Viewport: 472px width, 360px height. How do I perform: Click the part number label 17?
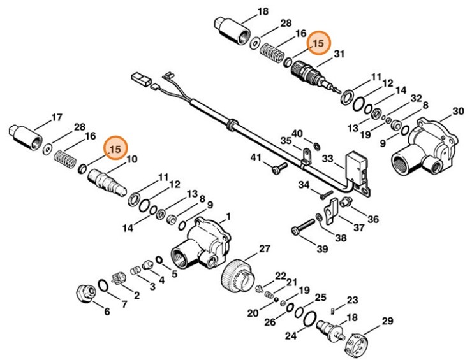tap(56, 117)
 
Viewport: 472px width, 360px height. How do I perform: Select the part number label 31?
tap(339, 55)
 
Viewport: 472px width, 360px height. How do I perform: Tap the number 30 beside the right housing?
tap(458, 111)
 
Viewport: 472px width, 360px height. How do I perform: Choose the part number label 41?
tap(255, 157)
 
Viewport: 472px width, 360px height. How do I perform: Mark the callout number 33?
tap(328, 157)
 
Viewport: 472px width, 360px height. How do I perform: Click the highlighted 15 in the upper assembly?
tap(317, 42)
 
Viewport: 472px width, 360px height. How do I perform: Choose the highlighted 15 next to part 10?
tap(115, 150)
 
